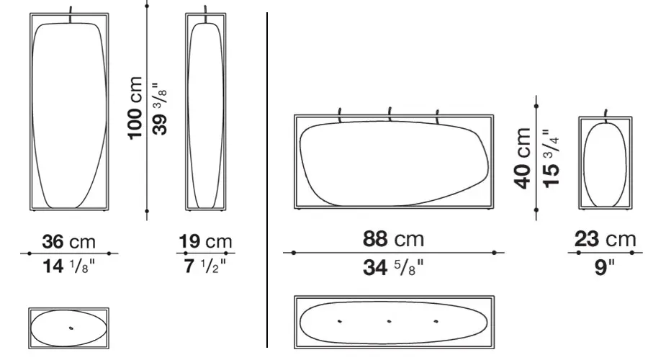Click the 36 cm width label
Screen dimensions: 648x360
[68, 241]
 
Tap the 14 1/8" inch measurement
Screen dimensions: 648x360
[68, 266]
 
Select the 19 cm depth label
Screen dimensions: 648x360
[205, 241]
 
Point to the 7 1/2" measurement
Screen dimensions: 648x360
[205, 266]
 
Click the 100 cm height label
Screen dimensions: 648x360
[135, 108]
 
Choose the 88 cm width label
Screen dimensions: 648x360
[393, 239]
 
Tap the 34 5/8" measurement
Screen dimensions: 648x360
[393, 267]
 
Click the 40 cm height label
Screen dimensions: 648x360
[523, 158]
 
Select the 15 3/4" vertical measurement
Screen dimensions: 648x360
[551, 158]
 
